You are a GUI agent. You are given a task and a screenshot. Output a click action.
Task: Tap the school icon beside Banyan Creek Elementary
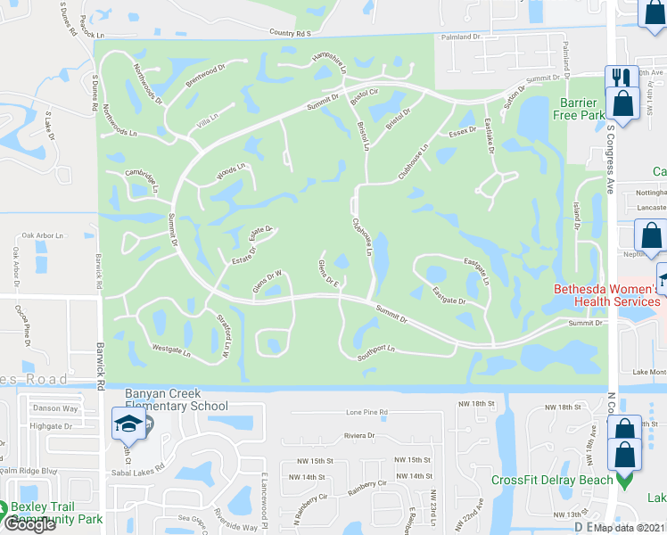point(128,424)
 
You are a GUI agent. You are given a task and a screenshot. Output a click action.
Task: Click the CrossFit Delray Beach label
point(553,480)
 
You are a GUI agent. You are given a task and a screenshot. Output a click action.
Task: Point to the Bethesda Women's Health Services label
point(605,295)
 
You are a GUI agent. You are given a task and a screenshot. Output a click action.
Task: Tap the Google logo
point(30,523)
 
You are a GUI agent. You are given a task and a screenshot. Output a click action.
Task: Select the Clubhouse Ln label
point(362,237)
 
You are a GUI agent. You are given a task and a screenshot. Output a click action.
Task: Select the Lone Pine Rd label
point(366,413)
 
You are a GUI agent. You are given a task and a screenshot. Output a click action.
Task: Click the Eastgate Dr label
point(449,296)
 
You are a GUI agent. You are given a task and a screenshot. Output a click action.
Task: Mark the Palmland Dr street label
point(460,37)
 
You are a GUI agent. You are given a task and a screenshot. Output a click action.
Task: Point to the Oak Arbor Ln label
point(44,235)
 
